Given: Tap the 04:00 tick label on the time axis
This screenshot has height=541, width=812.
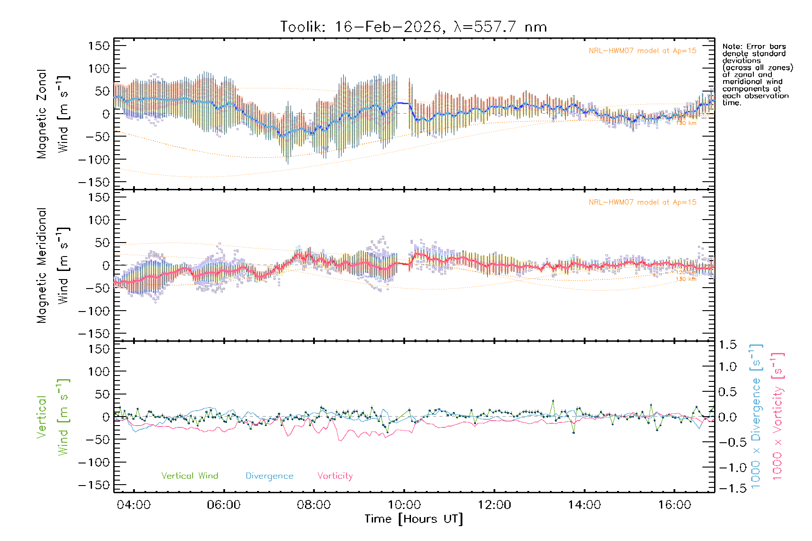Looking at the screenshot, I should point(134,504).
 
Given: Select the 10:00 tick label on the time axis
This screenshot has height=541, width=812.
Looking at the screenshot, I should point(404,504).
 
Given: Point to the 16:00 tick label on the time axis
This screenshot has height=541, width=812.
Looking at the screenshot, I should point(674,504).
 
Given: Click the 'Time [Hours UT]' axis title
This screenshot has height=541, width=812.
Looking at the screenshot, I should point(414,519).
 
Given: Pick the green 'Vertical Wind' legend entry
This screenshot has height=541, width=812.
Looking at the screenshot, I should point(189,476).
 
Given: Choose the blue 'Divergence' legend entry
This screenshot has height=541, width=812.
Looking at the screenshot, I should point(269,476).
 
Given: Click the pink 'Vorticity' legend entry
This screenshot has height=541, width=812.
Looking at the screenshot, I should point(335,476).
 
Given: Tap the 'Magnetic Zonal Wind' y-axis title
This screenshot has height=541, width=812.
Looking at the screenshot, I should point(53,114).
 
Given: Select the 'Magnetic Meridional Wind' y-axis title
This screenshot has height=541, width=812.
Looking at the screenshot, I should point(53,266).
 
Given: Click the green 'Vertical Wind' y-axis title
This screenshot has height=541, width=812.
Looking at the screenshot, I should point(53,417).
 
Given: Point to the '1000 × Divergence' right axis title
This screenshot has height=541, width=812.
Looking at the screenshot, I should point(756,417).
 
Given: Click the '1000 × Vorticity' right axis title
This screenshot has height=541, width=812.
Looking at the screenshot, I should point(777,417).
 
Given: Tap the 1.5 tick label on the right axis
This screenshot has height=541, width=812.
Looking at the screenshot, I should point(727,345).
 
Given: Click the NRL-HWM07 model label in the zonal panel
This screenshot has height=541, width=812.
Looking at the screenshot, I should point(642,50).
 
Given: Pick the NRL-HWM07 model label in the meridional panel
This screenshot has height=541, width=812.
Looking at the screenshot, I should point(642,202).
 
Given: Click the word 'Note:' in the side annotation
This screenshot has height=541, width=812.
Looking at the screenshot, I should point(733,46).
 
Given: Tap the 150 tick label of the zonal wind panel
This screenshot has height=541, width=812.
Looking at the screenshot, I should point(99,46).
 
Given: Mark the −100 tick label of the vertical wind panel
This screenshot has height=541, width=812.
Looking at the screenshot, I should point(94,462).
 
